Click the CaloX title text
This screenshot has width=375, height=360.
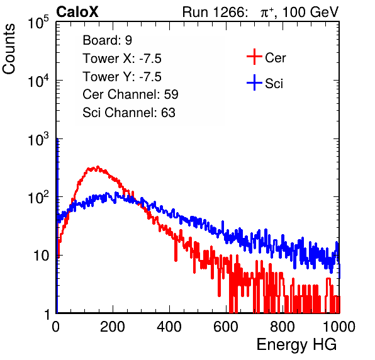point(77,12)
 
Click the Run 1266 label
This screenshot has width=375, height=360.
point(215,12)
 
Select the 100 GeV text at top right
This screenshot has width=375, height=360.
point(310,12)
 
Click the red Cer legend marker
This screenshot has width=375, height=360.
point(254,57)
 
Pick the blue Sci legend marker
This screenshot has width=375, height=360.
point(254,83)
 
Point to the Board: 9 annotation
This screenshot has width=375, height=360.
point(107,40)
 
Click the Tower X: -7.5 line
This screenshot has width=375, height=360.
point(122,59)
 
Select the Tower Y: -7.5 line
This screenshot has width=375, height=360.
point(122,77)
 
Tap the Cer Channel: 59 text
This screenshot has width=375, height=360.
point(130,94)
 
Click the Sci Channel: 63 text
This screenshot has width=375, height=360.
point(129,113)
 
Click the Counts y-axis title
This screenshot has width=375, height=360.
point(9,49)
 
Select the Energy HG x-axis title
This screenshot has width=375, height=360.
point(296,344)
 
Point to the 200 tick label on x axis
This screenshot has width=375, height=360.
point(113,327)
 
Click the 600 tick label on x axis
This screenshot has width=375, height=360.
point(226,327)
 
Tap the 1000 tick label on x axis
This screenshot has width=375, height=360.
point(339,327)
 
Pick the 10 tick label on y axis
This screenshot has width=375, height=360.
point(41,256)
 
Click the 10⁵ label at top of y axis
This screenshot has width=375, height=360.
point(38,22)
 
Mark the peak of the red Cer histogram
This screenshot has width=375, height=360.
point(98,167)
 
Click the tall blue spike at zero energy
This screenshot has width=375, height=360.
point(57,225)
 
